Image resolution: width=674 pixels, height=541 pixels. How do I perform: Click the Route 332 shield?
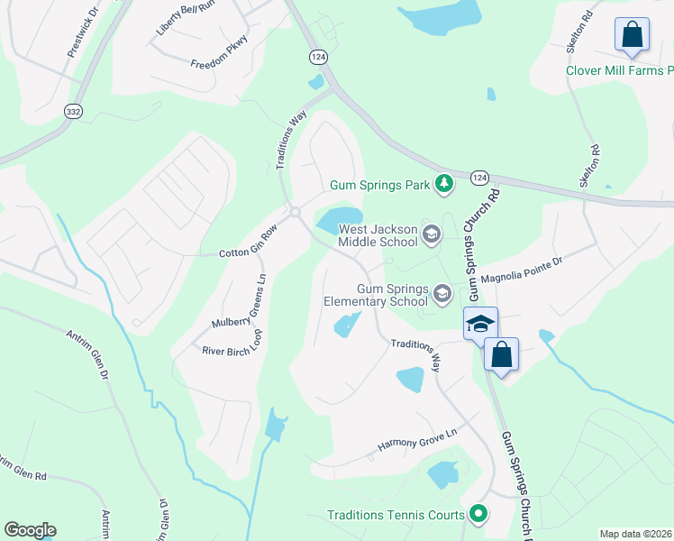(x=73, y=110)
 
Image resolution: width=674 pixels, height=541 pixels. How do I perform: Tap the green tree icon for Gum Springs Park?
(x=443, y=184)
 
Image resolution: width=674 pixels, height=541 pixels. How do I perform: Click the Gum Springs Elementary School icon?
(x=442, y=294)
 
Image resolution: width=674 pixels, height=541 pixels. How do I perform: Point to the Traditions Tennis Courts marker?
(x=478, y=515)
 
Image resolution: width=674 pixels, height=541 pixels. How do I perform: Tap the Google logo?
(x=30, y=530)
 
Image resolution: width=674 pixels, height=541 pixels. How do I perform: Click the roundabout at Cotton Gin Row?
(x=295, y=213)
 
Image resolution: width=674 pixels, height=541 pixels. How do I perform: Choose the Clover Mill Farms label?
(x=618, y=70)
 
